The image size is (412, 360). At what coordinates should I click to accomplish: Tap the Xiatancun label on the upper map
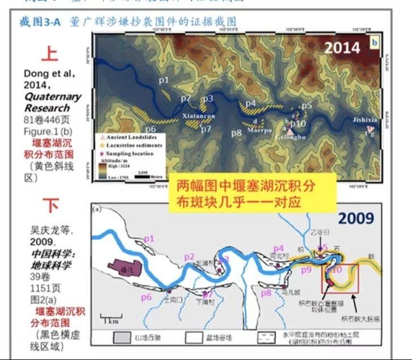(199, 117)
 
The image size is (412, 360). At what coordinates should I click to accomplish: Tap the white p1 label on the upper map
(163, 81)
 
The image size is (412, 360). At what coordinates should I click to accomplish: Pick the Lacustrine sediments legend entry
(134, 145)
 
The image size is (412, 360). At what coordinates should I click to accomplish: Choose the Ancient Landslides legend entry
(131, 137)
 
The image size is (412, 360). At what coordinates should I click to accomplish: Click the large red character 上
(50, 54)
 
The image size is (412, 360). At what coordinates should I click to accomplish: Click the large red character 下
(51, 205)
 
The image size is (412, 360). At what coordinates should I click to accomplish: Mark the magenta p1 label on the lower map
(149, 240)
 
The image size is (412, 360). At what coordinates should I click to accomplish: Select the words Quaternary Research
(52, 102)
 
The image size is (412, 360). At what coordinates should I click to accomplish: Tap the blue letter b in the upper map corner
(375, 41)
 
